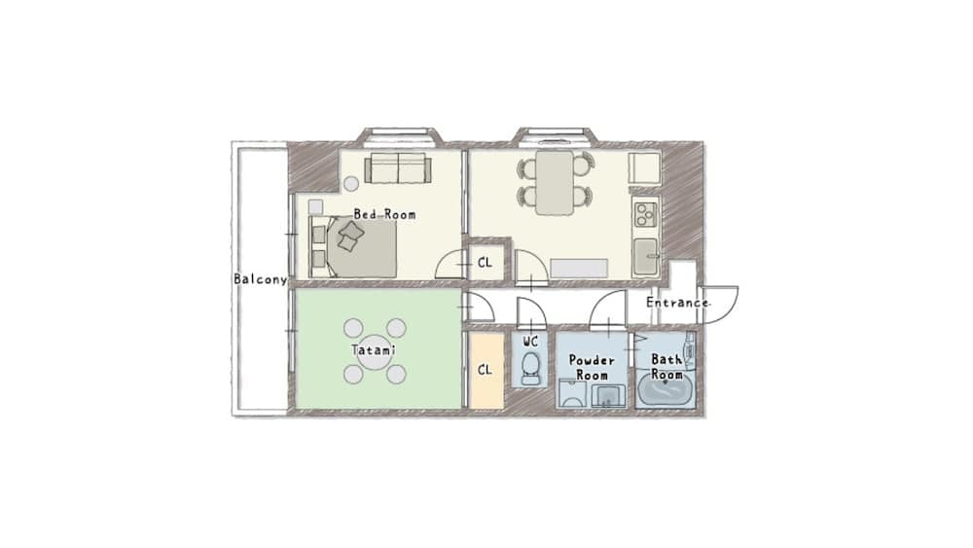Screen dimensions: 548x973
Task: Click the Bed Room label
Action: (x=383, y=214)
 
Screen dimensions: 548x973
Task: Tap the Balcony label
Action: (x=260, y=279)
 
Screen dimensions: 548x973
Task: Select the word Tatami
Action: (x=373, y=349)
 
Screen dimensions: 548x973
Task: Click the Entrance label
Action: (x=677, y=303)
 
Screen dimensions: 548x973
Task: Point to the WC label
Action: (x=530, y=342)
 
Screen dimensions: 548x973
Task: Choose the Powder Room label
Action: (x=592, y=367)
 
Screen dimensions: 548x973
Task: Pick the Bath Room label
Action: (x=667, y=366)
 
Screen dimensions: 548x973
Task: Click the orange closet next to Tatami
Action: (x=486, y=371)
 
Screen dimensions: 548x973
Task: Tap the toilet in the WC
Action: (x=530, y=368)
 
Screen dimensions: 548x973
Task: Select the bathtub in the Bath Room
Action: (x=667, y=391)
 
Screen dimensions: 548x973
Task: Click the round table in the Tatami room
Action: (x=375, y=351)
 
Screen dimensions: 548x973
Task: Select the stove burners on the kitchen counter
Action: (x=645, y=212)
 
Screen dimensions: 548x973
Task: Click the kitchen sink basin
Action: (x=645, y=257)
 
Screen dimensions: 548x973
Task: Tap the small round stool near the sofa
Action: (x=350, y=182)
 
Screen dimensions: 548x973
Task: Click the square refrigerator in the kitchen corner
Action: (x=644, y=168)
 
